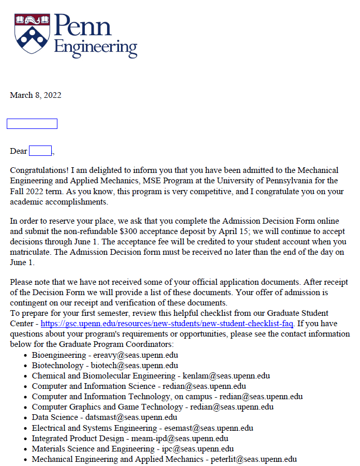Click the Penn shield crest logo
[32, 32]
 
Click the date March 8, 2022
[36, 95]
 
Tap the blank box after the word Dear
[40, 151]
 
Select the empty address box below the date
[32, 124]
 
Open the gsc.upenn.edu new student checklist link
[167, 324]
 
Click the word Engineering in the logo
[96, 47]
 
